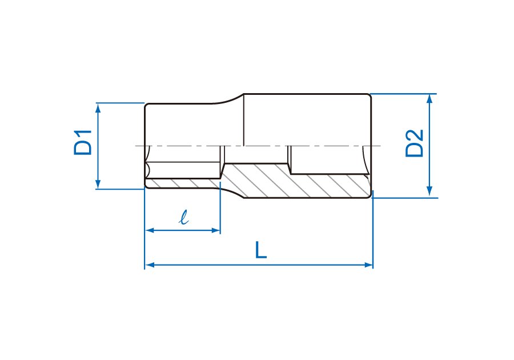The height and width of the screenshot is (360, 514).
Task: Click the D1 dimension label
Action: click(x=83, y=143)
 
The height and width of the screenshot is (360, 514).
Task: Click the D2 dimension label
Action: click(x=415, y=143)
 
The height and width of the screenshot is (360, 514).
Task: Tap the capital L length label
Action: click(x=261, y=250)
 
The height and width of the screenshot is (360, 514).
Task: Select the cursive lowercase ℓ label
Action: click(x=184, y=217)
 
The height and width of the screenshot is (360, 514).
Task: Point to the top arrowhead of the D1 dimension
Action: click(x=98, y=107)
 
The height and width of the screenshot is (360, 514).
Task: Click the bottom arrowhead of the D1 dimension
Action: click(x=98, y=185)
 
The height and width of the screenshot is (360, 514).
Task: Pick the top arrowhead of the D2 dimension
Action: click(x=430, y=98)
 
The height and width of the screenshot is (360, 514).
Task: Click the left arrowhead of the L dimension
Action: click(x=150, y=265)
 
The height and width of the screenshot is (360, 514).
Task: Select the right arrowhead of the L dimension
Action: click(x=368, y=265)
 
